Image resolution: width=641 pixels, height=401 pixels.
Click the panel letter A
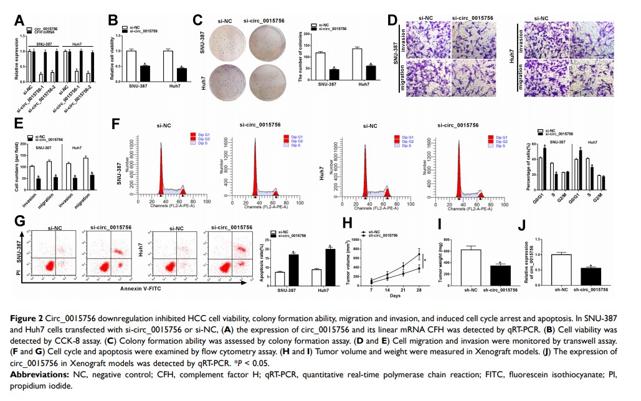pyautogui.click(x=21, y=20)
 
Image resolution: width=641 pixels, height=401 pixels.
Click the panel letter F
pyautogui.click(x=116, y=122)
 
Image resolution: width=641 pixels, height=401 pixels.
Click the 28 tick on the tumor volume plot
pyautogui.click(x=419, y=291)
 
